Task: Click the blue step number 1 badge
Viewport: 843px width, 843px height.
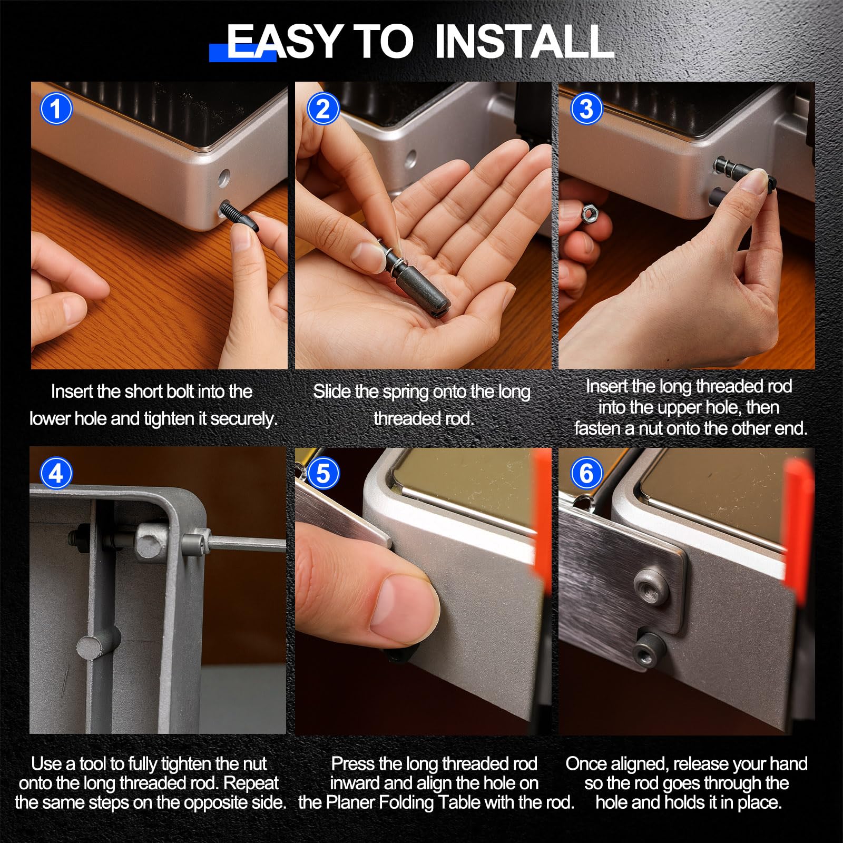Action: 56,109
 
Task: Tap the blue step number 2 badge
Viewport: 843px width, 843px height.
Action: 323,109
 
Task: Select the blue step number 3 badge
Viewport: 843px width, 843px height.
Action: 586,109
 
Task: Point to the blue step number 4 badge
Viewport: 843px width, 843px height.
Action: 56,474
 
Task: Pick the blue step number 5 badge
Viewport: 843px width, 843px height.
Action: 323,474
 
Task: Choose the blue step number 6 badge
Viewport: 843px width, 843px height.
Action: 586,474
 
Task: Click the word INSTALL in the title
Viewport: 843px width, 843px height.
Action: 525,42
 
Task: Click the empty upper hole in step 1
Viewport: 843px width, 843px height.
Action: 224,178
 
